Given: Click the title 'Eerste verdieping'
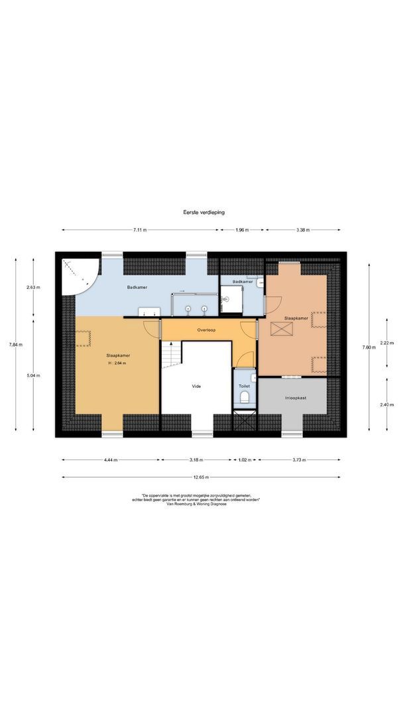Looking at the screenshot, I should pyautogui.click(x=204, y=212).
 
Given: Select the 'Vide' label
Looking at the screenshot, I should pyautogui.click(x=196, y=386).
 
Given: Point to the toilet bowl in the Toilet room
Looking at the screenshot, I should pyautogui.click(x=244, y=398).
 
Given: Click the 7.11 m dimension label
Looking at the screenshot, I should pyautogui.click(x=139, y=230).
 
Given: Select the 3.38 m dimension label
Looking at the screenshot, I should pyautogui.click(x=302, y=230).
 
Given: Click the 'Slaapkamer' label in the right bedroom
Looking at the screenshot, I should pyautogui.click(x=296, y=319).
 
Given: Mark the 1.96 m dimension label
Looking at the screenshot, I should pyautogui.click(x=242, y=230).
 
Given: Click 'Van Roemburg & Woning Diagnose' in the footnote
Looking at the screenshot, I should pyautogui.click(x=201, y=504).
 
